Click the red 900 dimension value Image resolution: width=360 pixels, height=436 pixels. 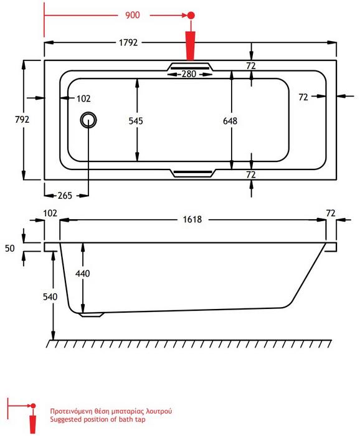click(x=132, y=15)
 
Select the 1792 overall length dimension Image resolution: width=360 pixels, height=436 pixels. click(x=128, y=42)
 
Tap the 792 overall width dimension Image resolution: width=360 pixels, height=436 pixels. click(x=22, y=120)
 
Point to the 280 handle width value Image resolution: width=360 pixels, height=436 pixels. click(x=189, y=74)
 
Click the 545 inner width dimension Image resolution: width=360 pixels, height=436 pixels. click(x=136, y=121)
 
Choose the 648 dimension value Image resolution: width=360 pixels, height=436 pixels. click(x=230, y=121)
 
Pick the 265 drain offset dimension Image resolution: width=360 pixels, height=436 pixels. click(x=65, y=196)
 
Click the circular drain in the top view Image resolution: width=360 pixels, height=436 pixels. click(x=88, y=120)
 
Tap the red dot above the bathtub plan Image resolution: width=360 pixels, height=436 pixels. click(x=191, y=16)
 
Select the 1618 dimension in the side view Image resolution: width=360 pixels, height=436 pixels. click(x=192, y=220)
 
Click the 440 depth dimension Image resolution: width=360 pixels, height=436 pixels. click(x=82, y=273)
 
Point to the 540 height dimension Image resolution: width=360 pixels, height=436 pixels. click(x=50, y=296)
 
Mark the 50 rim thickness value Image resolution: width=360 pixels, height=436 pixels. click(x=10, y=248)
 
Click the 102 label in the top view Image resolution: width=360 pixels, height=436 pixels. click(x=83, y=98)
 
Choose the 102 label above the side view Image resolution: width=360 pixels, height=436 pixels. click(x=50, y=213)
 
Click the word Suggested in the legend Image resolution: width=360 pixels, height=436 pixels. click(x=65, y=419)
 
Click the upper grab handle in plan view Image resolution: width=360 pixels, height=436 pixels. click(x=190, y=67)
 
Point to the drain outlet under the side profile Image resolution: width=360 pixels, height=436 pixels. click(x=92, y=315)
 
